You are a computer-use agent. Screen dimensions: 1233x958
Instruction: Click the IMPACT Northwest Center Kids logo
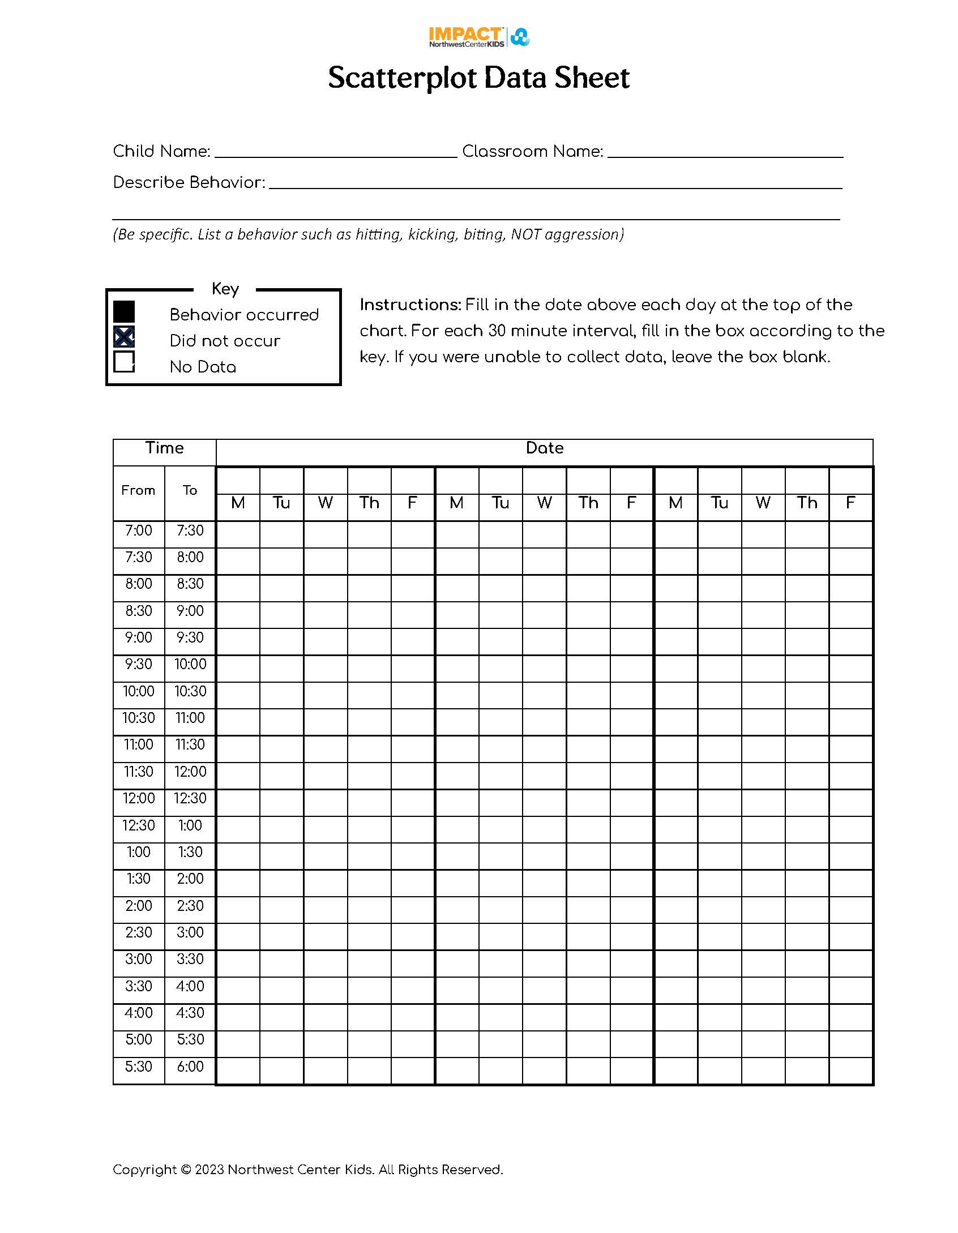point(479,37)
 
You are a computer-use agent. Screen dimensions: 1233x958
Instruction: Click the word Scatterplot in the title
point(402,78)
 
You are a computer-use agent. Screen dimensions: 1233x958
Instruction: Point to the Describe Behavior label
point(189,182)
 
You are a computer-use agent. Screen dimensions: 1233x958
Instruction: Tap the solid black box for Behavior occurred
point(124,311)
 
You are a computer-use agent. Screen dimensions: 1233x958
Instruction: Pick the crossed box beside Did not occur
point(124,337)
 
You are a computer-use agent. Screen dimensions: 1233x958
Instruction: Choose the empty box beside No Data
point(124,362)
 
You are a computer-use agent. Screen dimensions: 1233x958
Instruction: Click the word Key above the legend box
point(225,289)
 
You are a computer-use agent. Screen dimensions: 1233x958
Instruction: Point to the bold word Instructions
point(410,305)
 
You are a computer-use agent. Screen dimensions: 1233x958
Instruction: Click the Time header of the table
point(164,448)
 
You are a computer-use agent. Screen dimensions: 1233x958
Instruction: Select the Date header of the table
point(544,448)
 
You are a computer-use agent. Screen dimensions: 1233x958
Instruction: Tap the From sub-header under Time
point(138,490)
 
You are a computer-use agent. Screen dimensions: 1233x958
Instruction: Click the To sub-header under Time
point(190,490)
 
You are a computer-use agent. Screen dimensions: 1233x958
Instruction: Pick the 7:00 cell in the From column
point(139,530)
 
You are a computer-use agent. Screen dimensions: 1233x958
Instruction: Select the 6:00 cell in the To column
point(190,1067)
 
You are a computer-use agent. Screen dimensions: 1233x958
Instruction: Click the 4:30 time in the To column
point(190,1013)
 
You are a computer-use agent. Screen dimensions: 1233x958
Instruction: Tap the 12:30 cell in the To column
point(190,798)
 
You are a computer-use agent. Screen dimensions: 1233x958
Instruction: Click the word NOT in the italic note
point(525,234)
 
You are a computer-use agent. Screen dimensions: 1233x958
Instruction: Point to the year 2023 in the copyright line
point(209,1170)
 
